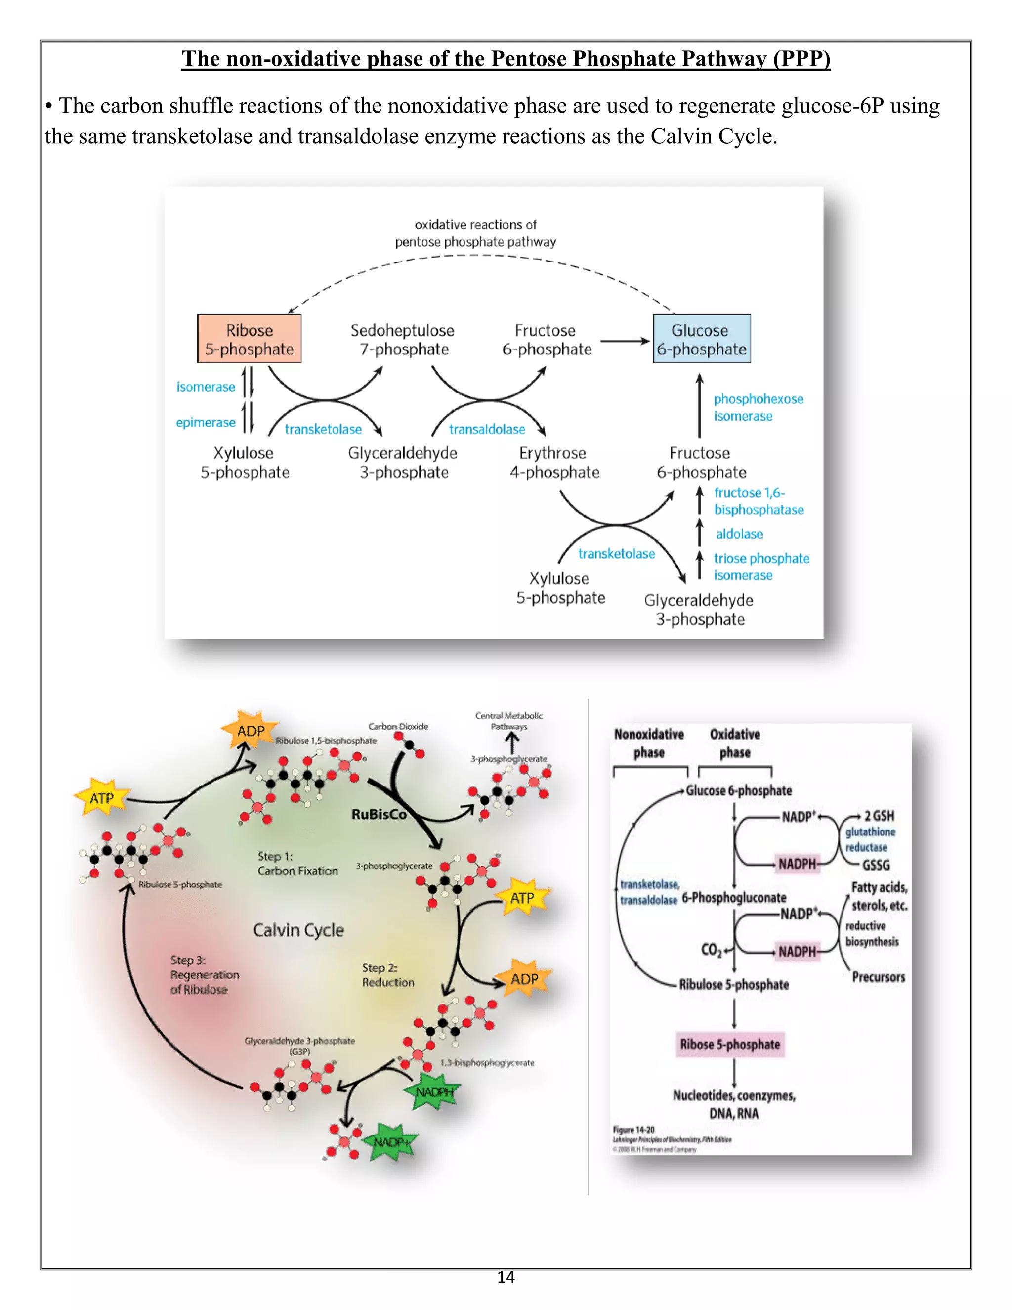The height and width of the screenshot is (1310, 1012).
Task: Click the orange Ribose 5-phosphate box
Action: (249, 339)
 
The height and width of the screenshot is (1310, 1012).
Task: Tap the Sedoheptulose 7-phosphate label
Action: (402, 340)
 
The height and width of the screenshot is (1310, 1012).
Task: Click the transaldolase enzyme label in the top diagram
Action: (487, 429)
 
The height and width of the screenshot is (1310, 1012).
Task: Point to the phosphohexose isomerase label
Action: (758, 407)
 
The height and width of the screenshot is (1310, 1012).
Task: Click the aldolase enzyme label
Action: (739, 534)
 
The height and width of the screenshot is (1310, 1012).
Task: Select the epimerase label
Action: (206, 422)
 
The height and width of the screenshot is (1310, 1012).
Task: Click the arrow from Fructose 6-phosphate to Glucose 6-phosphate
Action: (625, 341)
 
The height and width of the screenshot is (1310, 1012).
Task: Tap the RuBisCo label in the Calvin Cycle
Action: (379, 814)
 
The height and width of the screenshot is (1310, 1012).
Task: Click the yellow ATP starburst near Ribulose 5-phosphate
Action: (101, 798)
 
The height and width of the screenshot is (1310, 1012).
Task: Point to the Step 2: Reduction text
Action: (388, 975)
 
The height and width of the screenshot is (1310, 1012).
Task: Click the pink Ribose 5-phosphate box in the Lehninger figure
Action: (730, 1044)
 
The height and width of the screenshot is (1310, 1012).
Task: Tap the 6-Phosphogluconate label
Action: (734, 897)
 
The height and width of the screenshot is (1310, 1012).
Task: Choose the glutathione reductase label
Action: (870, 839)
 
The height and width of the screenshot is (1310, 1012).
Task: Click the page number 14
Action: (506, 1277)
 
